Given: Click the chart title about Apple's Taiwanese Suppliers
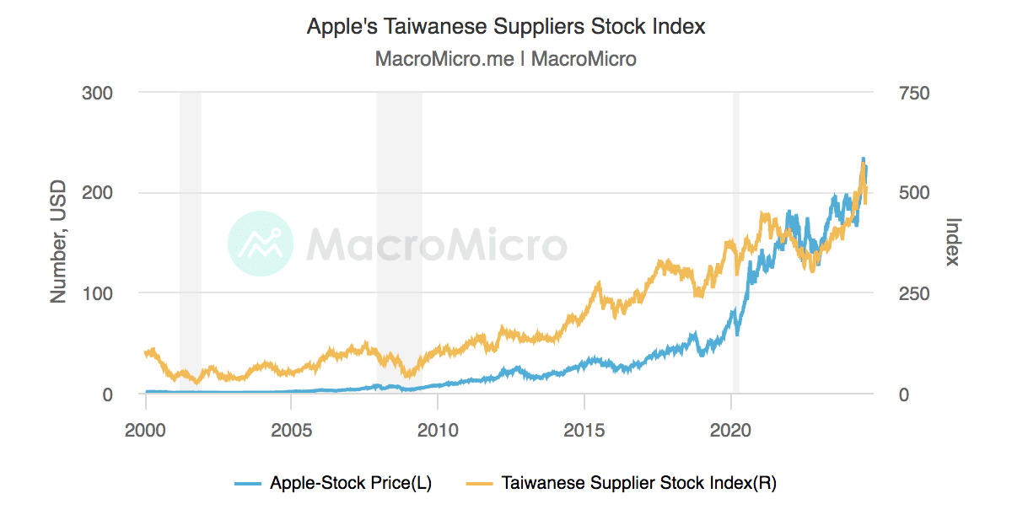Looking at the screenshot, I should tap(505, 26).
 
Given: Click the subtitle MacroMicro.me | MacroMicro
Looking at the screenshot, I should tap(505, 59).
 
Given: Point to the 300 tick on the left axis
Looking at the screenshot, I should tap(98, 92).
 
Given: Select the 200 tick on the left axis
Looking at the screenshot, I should tap(98, 193).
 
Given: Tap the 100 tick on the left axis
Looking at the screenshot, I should tap(98, 293).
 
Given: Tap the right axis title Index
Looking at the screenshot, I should tap(954, 243).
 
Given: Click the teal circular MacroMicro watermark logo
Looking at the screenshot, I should tap(261, 244).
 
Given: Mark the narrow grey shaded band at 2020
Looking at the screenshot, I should tap(735, 243).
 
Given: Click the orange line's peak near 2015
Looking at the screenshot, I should tap(599, 285).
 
